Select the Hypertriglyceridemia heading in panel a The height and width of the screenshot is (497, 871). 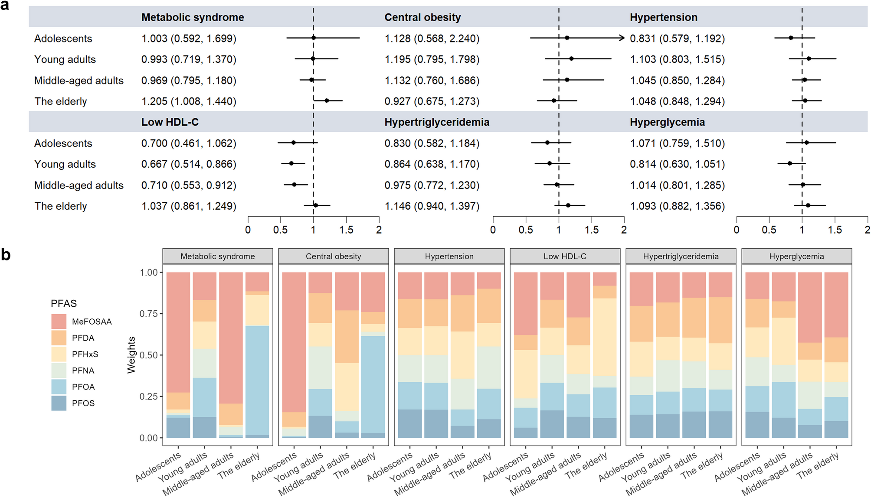[x=436, y=122]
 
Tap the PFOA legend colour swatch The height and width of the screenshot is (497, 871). [x=59, y=387]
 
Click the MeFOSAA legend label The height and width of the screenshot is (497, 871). [x=92, y=322]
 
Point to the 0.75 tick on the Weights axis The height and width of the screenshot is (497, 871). [x=148, y=314]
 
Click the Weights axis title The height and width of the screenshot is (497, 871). [x=131, y=355]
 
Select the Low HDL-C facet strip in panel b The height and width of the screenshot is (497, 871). [x=565, y=256]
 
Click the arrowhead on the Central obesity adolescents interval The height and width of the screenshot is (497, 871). [x=622, y=38]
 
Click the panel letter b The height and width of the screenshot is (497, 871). [x=6, y=255]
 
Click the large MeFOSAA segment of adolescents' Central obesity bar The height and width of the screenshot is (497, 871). [x=294, y=342]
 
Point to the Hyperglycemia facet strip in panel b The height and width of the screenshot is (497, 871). [x=796, y=256]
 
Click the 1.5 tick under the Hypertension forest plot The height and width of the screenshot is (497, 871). [x=835, y=229]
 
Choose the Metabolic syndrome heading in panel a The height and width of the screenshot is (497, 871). [x=193, y=17]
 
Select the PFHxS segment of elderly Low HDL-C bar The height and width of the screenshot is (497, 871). [x=605, y=337]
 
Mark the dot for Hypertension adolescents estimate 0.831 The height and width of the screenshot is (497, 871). [x=791, y=38]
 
